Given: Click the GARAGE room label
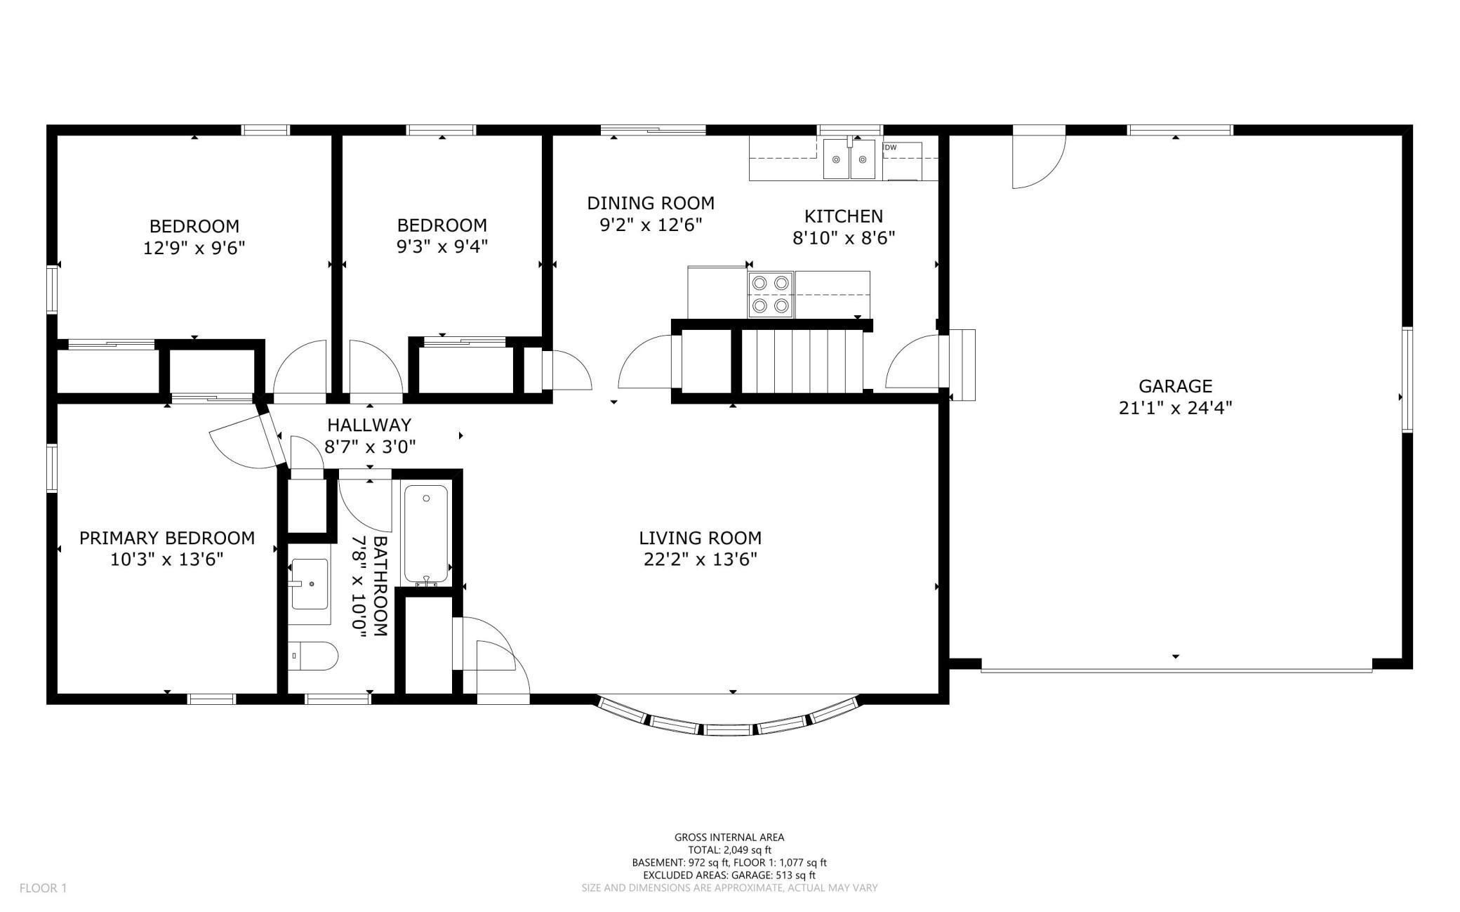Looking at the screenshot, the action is (1175, 385).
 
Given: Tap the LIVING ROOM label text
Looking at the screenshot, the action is (700, 538).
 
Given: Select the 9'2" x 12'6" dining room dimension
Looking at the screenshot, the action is (651, 225).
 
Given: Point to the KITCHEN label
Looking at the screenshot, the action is (843, 216).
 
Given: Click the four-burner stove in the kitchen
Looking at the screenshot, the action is (770, 295).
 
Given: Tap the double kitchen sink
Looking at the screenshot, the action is (849, 159).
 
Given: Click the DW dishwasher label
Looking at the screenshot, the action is (890, 147).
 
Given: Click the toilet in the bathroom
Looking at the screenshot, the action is (313, 656).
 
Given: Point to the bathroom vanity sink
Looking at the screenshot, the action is (310, 584).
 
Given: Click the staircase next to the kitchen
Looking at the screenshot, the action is (802, 361).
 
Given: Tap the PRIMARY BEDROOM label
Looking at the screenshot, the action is (167, 538).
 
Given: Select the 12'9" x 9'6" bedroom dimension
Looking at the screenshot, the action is (194, 248).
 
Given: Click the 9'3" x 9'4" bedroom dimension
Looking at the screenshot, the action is (442, 246).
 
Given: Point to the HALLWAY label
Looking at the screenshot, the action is (369, 425).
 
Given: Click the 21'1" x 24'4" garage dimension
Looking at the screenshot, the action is (1175, 408).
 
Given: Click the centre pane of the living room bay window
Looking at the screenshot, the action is (728, 730).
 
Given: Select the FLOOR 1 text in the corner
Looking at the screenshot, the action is (43, 888).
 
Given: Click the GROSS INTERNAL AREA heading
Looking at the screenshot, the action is (729, 837).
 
